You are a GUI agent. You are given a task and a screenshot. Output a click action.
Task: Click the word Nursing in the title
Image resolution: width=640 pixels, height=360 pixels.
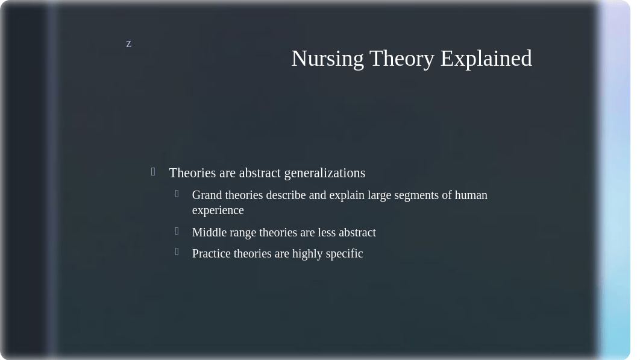click(327, 59)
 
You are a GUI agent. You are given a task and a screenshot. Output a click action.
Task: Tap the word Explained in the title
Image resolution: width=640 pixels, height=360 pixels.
click(486, 59)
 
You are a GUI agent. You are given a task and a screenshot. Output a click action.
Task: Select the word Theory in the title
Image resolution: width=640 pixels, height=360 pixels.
click(402, 59)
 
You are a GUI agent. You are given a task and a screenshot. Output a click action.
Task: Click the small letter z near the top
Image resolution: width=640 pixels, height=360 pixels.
click(128, 44)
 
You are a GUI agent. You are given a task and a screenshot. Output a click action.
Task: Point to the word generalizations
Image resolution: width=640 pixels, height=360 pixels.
click(324, 173)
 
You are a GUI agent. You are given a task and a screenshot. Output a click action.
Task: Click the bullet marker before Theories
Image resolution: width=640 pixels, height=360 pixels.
click(153, 172)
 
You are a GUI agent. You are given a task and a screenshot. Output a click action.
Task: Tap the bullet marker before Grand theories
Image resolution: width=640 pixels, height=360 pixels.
click(177, 194)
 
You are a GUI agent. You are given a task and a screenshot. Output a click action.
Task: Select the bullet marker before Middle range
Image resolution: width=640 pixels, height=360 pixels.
click(177, 232)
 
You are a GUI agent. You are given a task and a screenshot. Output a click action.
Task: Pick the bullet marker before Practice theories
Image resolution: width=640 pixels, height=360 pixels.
click(177, 251)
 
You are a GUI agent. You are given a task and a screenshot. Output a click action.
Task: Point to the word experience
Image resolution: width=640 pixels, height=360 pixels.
click(218, 210)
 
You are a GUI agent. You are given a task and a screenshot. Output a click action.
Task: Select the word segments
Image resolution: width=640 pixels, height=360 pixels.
click(417, 196)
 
